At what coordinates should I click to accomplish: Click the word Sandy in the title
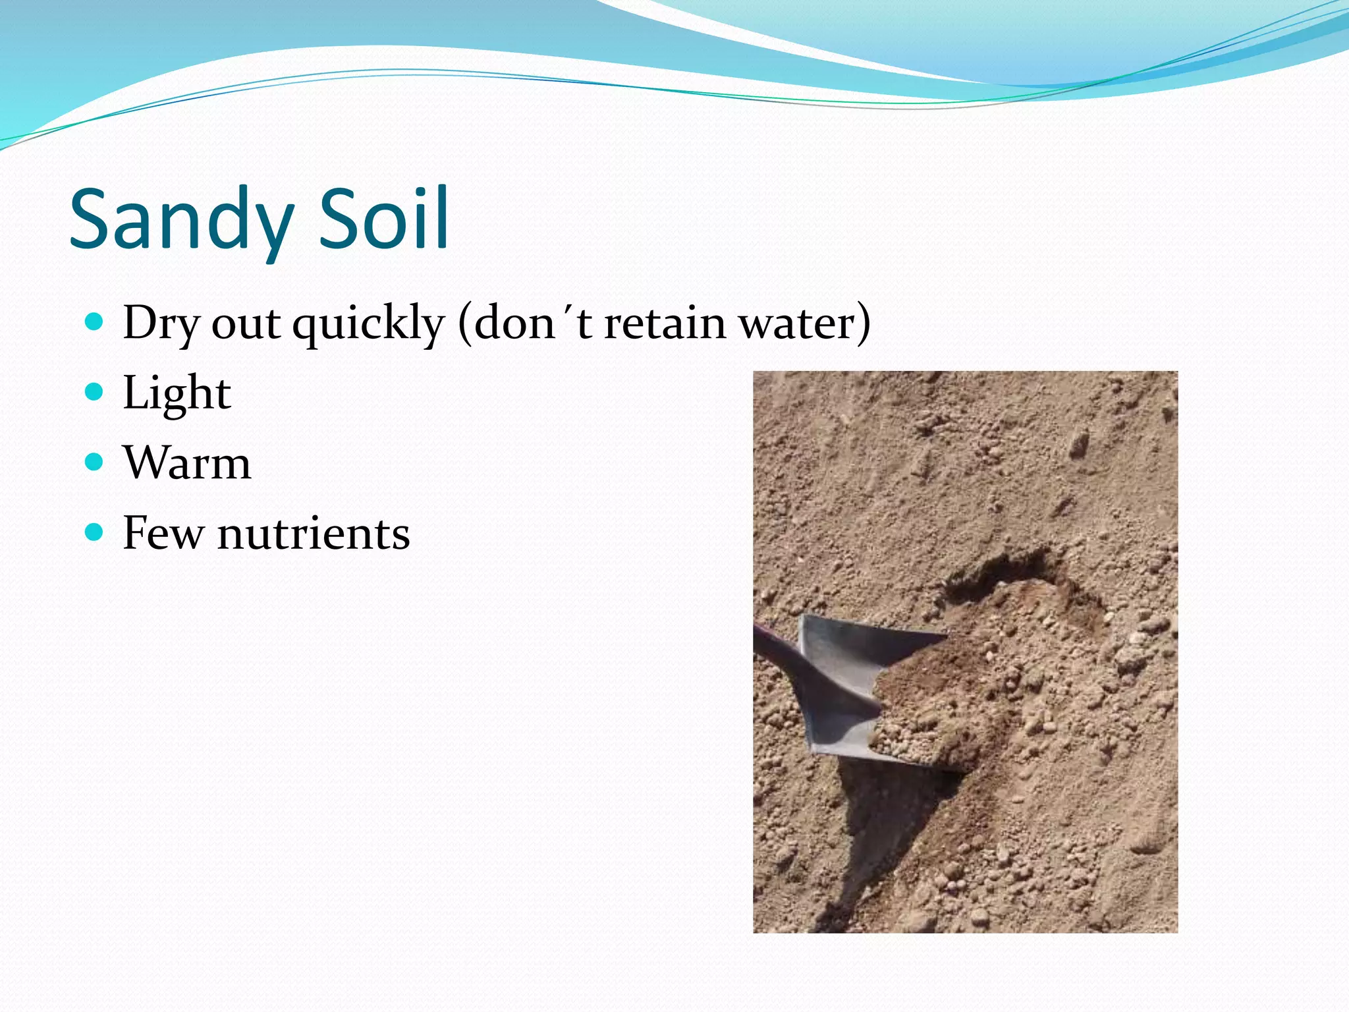[x=181, y=219]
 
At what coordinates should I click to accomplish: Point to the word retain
[x=665, y=323]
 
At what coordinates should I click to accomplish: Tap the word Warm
[x=187, y=463]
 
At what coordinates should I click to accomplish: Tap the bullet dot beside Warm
[x=95, y=462]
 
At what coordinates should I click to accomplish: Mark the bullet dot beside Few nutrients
[x=95, y=532]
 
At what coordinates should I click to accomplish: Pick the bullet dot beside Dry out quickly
[x=95, y=322]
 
